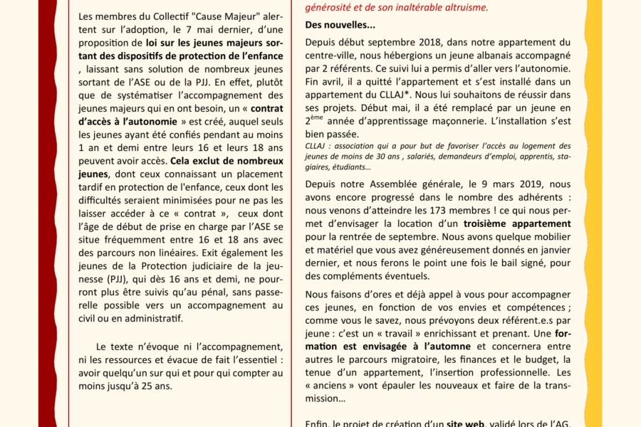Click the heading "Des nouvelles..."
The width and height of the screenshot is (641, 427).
click(340, 25)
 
